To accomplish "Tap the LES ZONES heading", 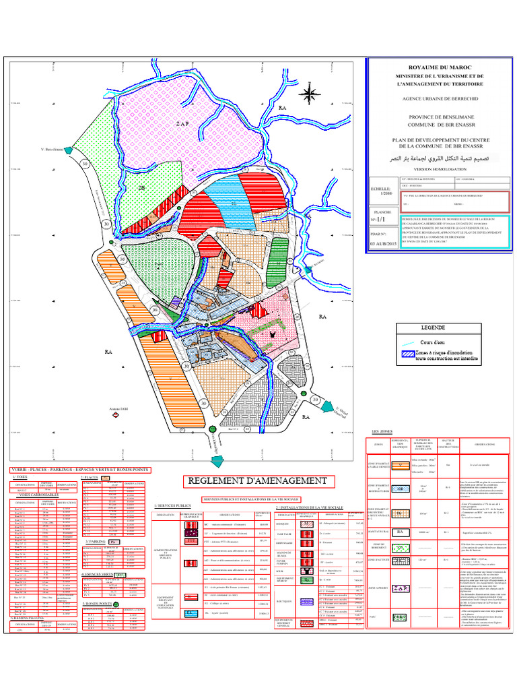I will (382, 431).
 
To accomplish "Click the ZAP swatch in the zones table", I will (403, 569).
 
